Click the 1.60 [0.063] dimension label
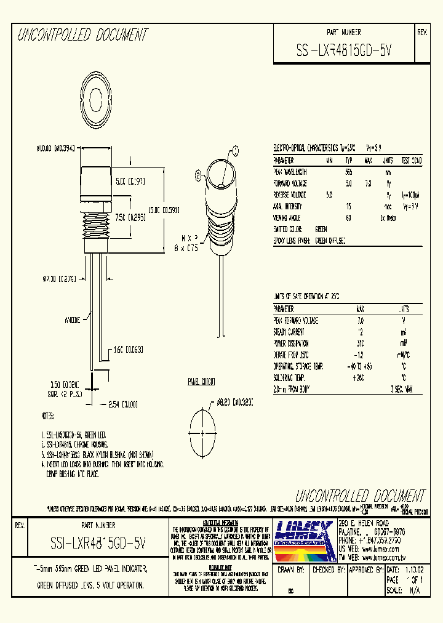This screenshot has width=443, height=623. (127, 349)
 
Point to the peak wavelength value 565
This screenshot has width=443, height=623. (348, 172)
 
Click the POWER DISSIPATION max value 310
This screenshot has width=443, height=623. (360, 343)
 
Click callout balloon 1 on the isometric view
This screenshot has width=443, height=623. (234, 149)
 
